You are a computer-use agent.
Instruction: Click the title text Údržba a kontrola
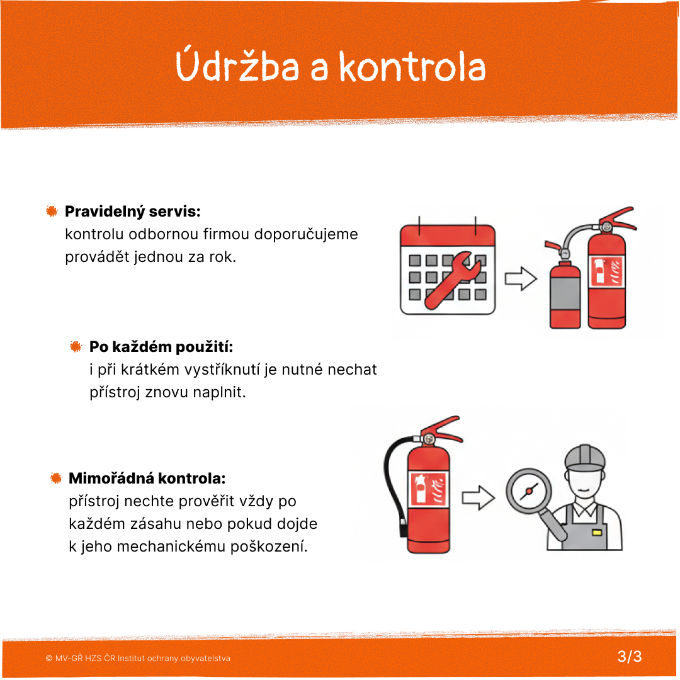coord(331,67)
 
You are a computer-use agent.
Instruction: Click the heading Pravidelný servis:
coord(133,211)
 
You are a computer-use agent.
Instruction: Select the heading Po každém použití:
coord(161,347)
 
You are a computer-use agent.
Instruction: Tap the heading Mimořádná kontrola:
coord(147,479)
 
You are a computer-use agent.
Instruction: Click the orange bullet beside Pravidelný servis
coord(52,212)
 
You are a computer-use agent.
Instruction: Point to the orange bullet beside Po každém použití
coord(76,347)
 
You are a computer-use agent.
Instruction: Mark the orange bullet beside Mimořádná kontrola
coord(56,479)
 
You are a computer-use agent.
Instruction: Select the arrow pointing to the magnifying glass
coord(478,498)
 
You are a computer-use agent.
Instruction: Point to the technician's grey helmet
coord(584,457)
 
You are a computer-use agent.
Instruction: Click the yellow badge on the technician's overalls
coord(597,532)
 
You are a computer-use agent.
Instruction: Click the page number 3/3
coord(630,657)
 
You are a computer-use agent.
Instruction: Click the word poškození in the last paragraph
coord(277,547)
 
